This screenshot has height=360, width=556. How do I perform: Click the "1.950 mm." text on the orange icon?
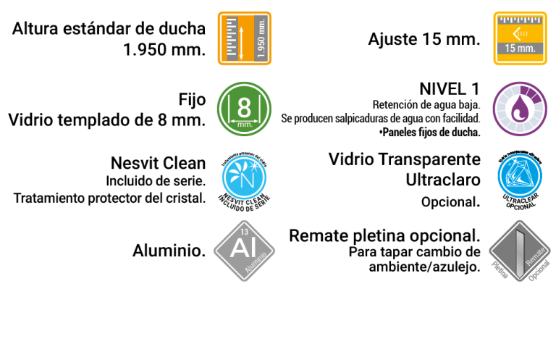tap(261, 38)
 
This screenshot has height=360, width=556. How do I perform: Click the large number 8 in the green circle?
tap(244, 107)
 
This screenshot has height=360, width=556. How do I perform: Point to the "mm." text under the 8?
tap(244, 124)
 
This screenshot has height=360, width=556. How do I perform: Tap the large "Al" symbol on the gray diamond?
tap(240, 248)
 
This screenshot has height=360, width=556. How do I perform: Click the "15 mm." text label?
tap(520, 49)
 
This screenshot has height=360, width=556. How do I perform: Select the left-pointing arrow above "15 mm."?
tap(517, 33)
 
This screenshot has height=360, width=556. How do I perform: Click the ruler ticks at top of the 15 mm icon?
tap(520, 19)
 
